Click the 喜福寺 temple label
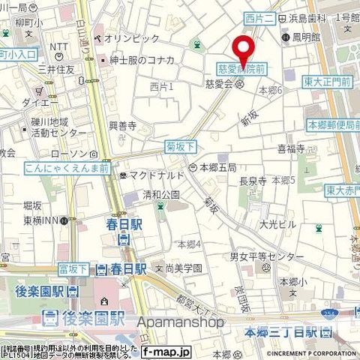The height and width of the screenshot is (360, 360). click(292, 148)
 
